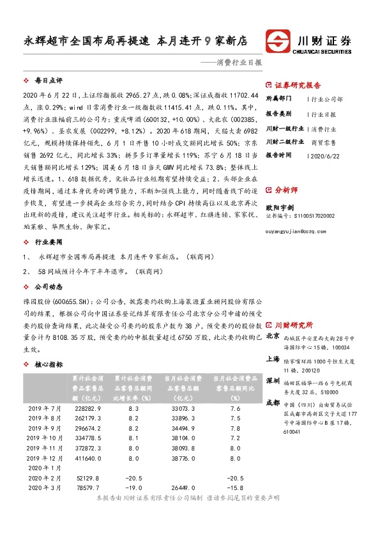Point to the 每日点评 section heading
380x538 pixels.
[48, 82]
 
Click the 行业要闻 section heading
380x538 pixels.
[48, 243]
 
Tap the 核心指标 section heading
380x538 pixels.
[48, 364]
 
